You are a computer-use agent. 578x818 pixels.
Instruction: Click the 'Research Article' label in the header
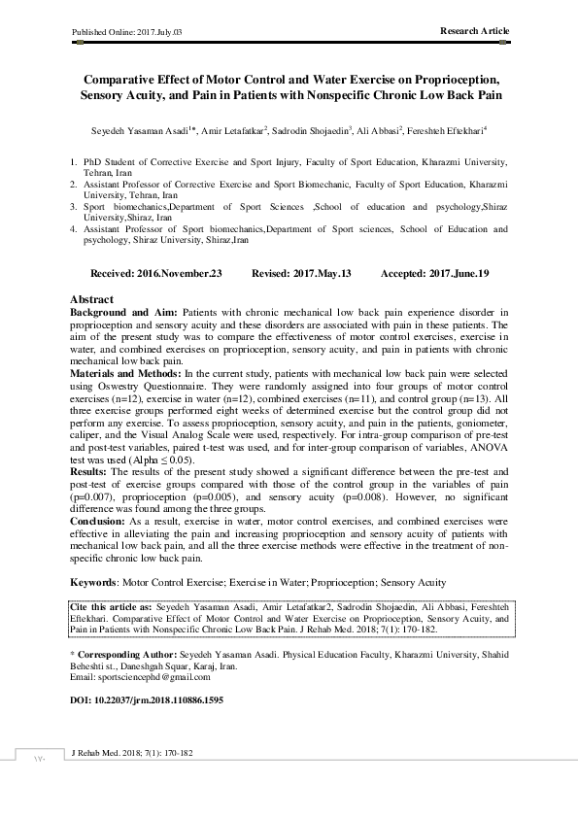474,31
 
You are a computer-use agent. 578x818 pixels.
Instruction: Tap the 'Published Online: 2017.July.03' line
127,32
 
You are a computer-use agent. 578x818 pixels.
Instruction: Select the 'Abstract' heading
92,299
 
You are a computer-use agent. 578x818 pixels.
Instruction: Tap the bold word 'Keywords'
95,582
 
